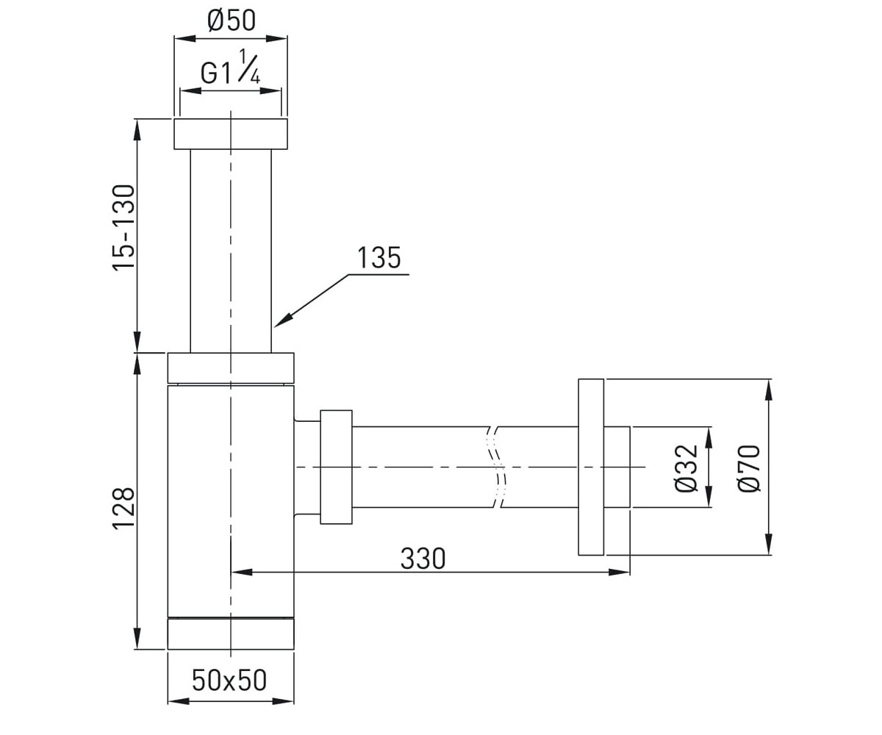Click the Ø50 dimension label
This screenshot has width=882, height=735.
click(232, 21)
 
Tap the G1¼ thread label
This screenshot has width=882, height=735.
click(230, 68)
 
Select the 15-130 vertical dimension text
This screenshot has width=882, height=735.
click(123, 227)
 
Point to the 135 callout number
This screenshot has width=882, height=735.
click(379, 258)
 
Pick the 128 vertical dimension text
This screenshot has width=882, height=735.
click(123, 507)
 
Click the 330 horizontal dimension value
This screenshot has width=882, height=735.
click(423, 559)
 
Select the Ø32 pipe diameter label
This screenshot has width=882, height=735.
click(686, 468)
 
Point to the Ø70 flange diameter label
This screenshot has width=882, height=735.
click(749, 468)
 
